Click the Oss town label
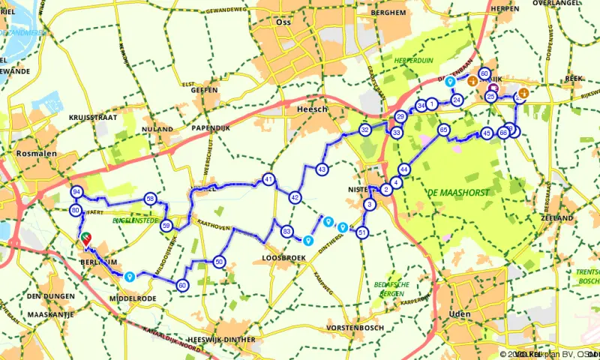point(283,22)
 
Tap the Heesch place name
point(308,109)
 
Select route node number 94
point(76,192)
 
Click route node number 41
point(268,179)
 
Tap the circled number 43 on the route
point(321,169)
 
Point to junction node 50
point(219,262)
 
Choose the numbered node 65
point(443,130)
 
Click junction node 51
point(362,232)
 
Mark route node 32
point(364,130)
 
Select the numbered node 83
point(286,231)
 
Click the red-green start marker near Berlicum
point(86,238)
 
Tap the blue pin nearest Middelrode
point(130,277)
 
